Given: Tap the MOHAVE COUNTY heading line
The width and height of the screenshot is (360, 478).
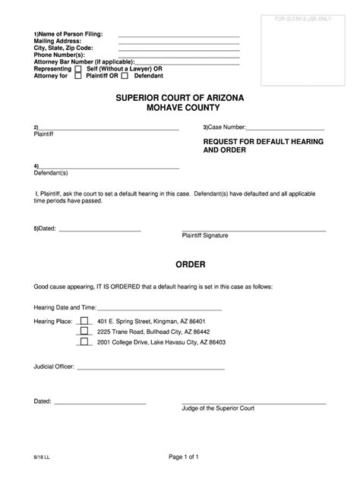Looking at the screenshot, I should point(180,110).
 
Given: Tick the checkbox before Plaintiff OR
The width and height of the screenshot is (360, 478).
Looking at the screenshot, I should point(77,76).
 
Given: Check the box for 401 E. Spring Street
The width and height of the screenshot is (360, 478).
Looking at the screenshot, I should point(84,321).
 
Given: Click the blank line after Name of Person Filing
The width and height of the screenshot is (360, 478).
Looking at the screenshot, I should point(178,35).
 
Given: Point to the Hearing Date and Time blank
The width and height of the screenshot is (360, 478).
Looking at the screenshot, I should point(159,309).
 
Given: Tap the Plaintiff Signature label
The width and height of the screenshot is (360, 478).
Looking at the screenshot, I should point(204,235).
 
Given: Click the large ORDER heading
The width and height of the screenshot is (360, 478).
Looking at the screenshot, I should point(180,265).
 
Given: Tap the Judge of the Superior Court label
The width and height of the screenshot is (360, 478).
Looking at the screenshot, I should point(218,408).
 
